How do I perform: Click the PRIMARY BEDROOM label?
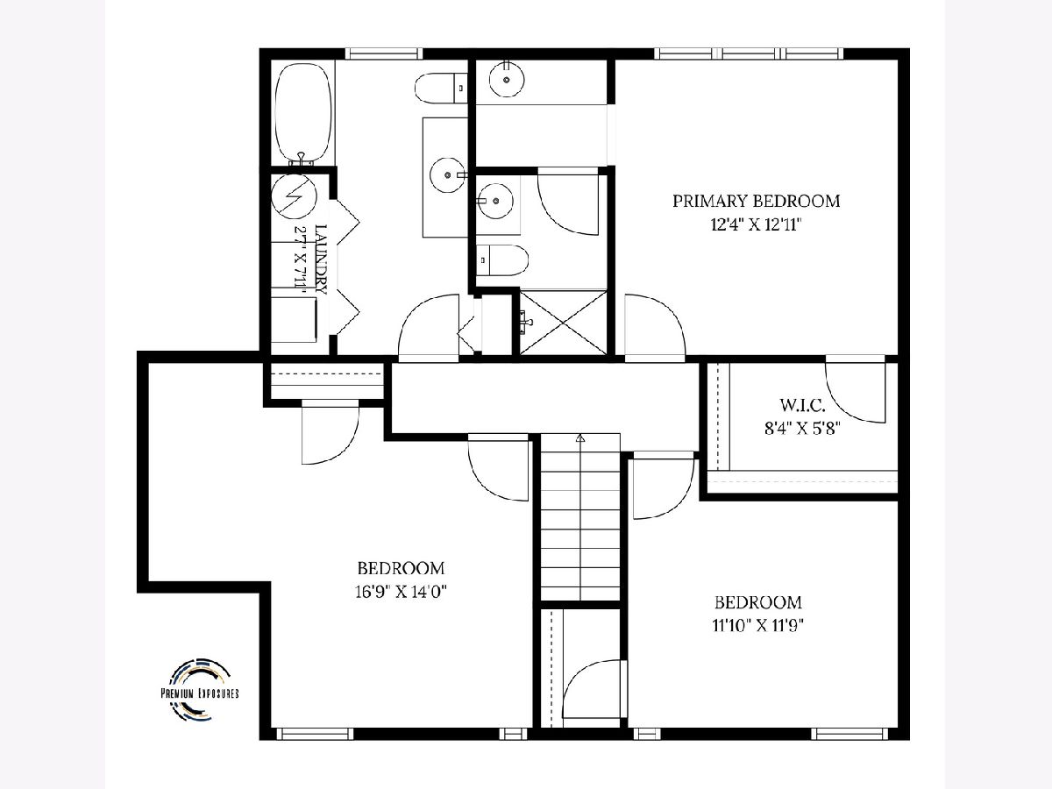[757, 201]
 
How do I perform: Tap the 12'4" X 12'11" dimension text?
[757, 224]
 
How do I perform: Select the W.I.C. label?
[802, 405]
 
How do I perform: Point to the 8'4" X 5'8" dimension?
[802, 428]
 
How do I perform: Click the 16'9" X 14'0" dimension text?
[401, 592]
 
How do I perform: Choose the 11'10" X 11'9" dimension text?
[757, 625]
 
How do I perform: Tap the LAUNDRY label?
[321, 259]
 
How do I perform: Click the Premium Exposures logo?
[200, 690]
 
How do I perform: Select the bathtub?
[303, 114]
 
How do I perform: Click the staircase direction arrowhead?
[581, 437]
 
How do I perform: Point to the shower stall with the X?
[563, 323]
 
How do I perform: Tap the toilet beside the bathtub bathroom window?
[440, 89]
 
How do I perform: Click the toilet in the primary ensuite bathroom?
[502, 260]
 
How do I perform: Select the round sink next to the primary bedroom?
[506, 79]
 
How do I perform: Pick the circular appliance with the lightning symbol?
[294, 196]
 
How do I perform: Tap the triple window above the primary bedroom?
[749, 53]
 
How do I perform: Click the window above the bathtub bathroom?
[384, 53]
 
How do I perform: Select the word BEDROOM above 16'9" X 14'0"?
[401, 569]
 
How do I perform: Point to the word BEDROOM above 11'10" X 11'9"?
[757, 602]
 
